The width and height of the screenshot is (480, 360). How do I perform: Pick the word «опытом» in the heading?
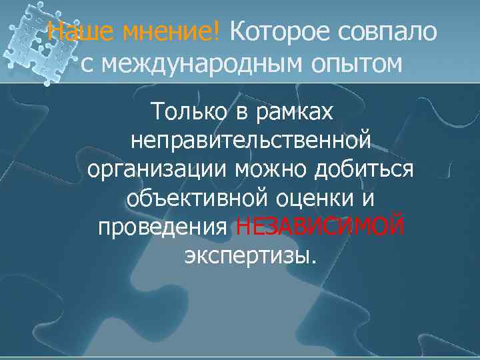[357, 64]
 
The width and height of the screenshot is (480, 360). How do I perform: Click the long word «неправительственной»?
[251, 141]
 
